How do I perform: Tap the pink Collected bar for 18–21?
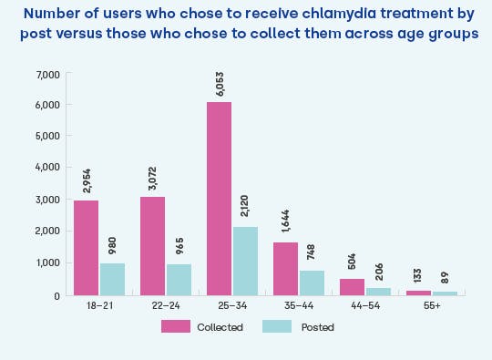click(86, 247)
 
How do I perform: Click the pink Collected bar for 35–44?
click(285, 268)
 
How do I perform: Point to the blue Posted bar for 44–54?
click(378, 291)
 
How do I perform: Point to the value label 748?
click(312, 255)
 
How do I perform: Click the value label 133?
click(418, 277)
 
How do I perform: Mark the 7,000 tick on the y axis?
click(47, 74)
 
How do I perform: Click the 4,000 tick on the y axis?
click(47, 168)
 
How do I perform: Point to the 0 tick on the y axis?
click(56, 295)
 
